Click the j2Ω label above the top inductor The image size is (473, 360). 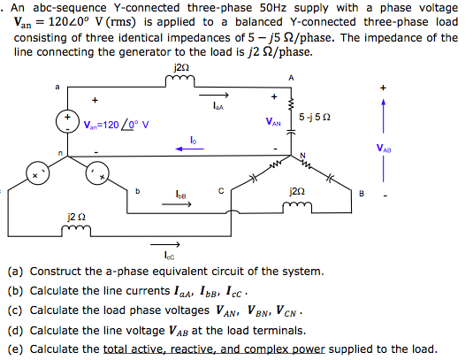[x=181, y=67]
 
